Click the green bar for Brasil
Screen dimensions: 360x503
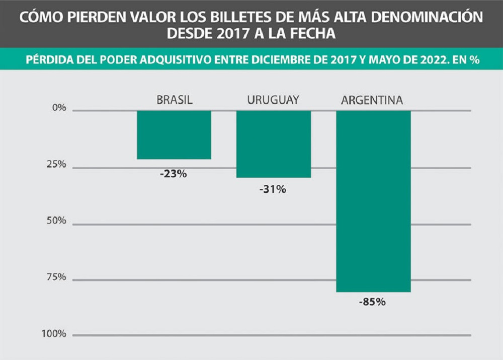174,134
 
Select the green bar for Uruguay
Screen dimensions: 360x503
274,144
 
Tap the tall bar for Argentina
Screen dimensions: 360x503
373,201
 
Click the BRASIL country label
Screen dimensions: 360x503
175,100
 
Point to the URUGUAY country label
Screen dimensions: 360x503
273,100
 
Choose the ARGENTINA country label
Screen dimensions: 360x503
372,100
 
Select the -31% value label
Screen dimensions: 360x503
274,190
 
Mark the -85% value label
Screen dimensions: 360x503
373,303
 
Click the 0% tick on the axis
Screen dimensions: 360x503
59,108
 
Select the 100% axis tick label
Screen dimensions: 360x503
55,333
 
